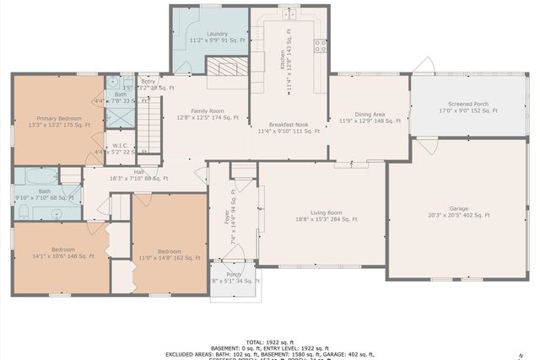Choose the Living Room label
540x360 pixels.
(326, 216)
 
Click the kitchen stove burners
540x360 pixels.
(321, 47)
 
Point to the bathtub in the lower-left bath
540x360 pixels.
(37, 177)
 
